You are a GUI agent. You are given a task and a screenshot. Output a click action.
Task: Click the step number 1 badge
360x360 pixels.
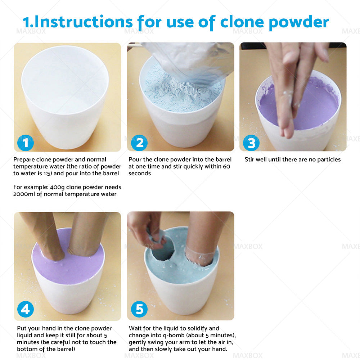(26, 143)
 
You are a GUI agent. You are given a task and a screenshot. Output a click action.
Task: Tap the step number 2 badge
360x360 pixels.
(139, 143)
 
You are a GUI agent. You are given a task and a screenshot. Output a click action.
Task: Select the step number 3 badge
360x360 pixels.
(251, 143)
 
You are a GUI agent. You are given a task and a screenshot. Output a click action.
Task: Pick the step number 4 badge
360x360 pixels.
(26, 310)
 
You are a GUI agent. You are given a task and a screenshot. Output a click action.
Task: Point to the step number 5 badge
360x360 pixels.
(139, 310)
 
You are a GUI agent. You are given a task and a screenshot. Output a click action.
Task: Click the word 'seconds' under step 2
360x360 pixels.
(140, 173)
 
